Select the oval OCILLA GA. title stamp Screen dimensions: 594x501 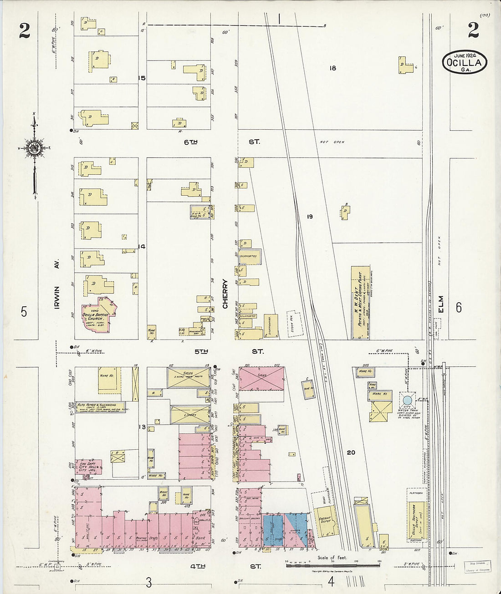pos(464,63)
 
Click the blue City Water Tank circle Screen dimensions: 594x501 pos(407,401)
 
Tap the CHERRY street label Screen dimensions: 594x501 pos(225,294)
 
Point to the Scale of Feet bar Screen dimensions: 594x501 pos(333,565)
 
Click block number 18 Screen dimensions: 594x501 pos(332,68)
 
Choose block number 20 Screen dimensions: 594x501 pos(350,452)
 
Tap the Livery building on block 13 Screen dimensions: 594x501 pos(190,415)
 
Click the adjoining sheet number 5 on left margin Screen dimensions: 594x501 pos(24,312)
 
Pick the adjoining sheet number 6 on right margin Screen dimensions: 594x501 pos(458,308)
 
